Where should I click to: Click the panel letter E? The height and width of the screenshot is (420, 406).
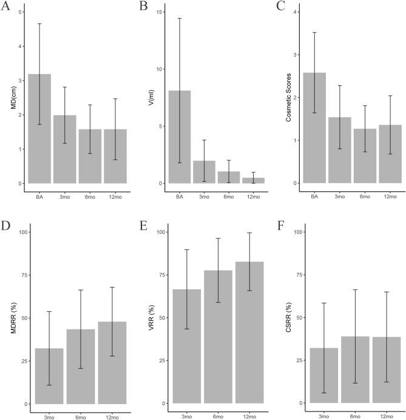point(143,227)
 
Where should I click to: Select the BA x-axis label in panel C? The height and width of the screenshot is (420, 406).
point(314,197)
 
